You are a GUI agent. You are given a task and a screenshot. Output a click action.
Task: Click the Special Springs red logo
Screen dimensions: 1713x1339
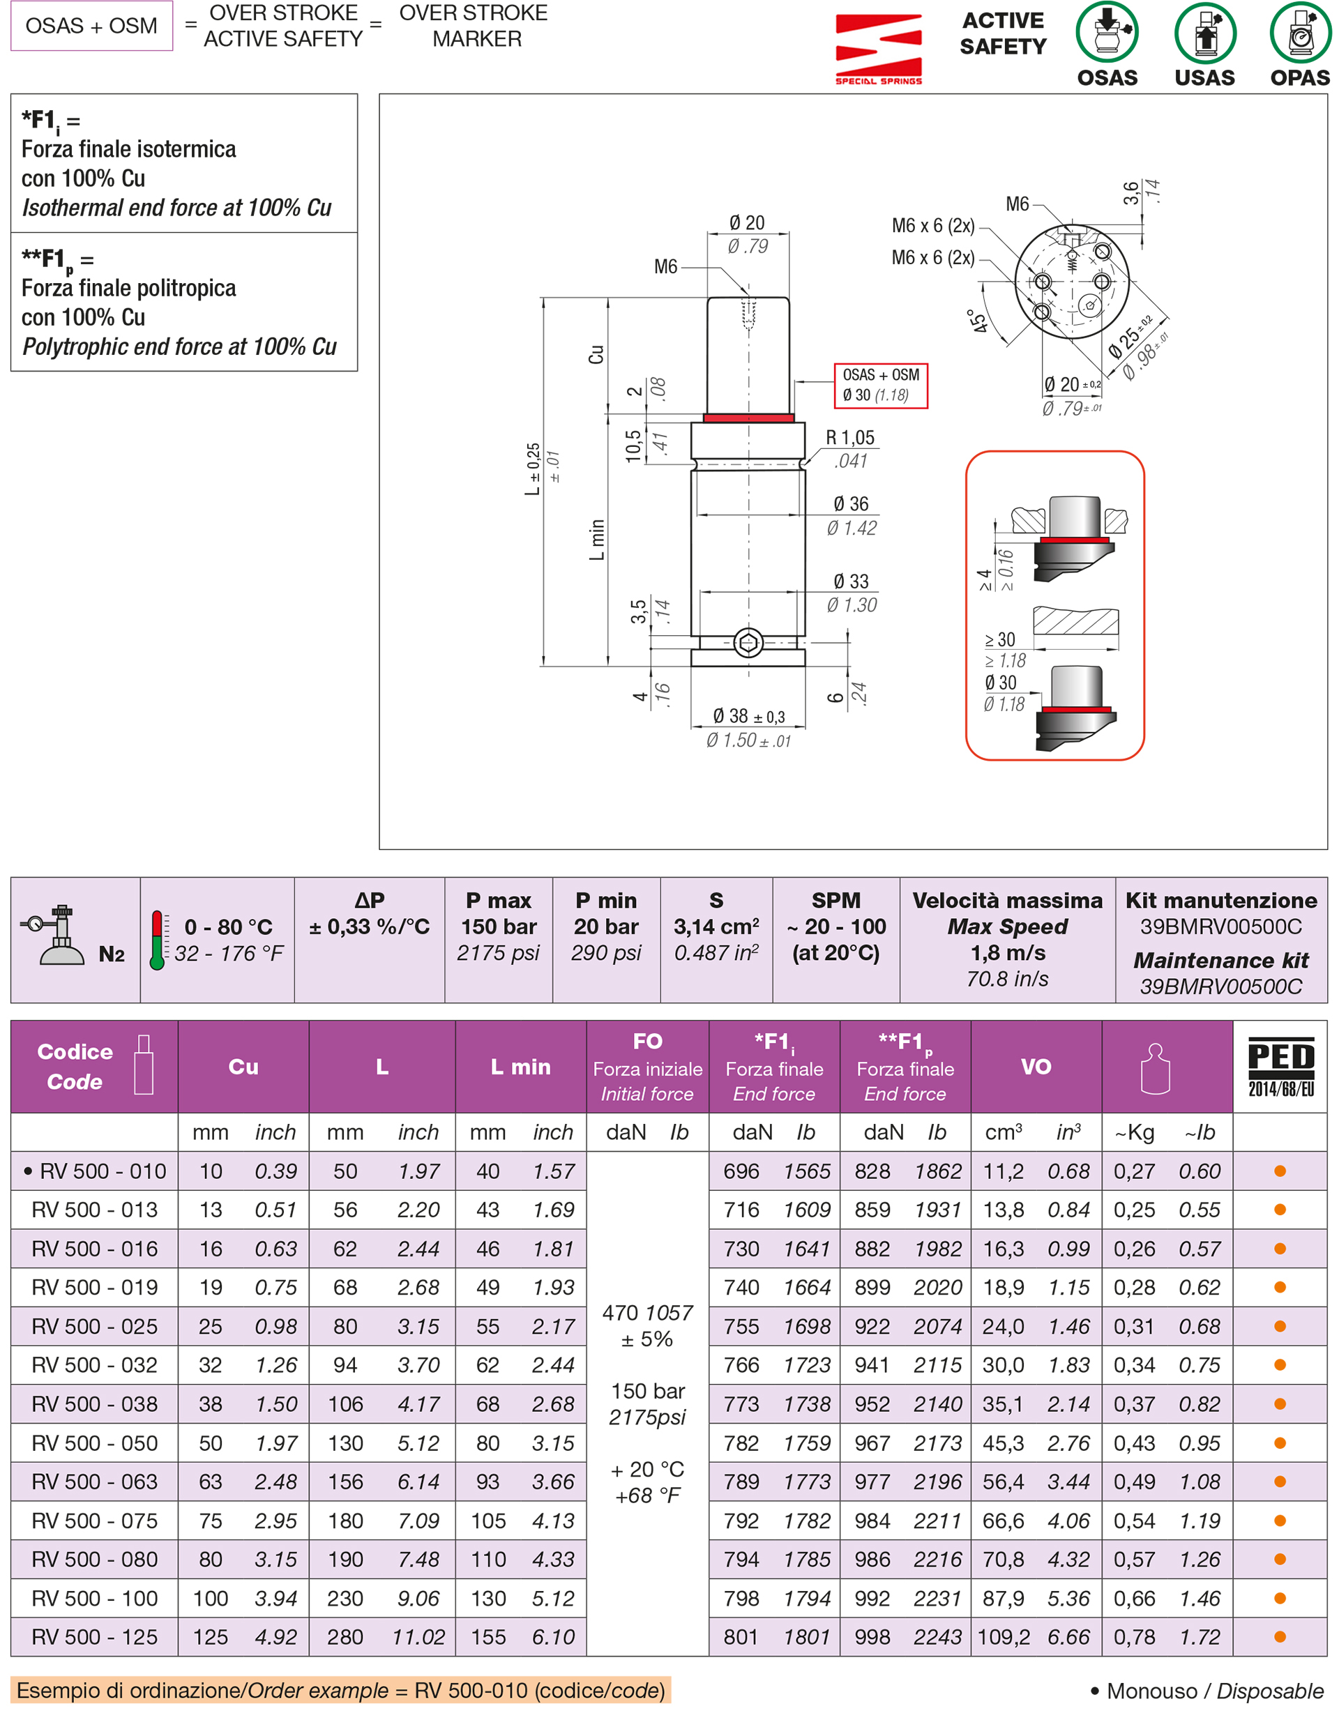click(878, 47)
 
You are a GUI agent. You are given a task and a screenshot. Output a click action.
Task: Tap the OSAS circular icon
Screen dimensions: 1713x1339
click(1106, 33)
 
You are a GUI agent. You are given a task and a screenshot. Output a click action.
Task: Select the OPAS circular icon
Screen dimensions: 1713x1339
click(1300, 33)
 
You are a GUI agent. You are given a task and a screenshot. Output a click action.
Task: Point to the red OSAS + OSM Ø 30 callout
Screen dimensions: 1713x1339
click(880, 385)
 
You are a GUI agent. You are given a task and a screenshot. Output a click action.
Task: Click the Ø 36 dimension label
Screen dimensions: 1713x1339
click(850, 503)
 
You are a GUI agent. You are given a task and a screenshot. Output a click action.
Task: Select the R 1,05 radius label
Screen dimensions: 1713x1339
click(849, 438)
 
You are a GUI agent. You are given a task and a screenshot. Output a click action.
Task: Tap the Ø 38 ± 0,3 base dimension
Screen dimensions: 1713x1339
click(748, 716)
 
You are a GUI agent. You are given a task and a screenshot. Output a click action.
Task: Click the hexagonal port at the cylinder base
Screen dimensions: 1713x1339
click(748, 643)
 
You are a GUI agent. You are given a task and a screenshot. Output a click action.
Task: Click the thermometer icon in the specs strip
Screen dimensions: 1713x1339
click(157, 940)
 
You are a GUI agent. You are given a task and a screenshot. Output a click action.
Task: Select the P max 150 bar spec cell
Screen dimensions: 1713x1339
click(498, 927)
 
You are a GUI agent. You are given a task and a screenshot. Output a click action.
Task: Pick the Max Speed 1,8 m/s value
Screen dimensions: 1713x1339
click(1007, 952)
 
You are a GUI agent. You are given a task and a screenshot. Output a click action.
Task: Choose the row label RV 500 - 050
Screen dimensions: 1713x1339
click(94, 1442)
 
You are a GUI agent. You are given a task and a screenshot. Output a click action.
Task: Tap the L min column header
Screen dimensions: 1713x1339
click(520, 1066)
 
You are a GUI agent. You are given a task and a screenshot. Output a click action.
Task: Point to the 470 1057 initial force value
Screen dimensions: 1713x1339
click(647, 1312)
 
